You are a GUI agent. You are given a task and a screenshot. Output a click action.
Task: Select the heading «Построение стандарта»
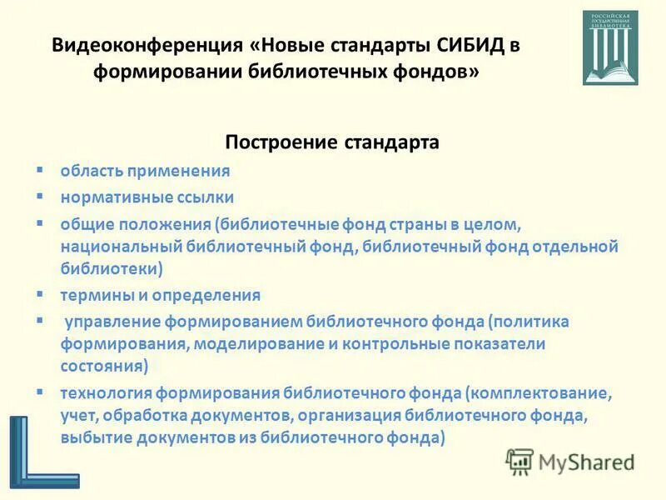coord(332,142)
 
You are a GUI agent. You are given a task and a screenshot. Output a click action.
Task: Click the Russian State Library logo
coord(609,47)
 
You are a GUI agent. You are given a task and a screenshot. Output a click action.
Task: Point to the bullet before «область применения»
coord(39,169)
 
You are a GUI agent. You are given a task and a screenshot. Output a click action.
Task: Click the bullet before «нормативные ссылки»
coord(39,196)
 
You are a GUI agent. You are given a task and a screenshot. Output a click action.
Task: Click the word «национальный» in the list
coord(110,247)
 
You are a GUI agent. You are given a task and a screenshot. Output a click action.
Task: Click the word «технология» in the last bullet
coord(103,392)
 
